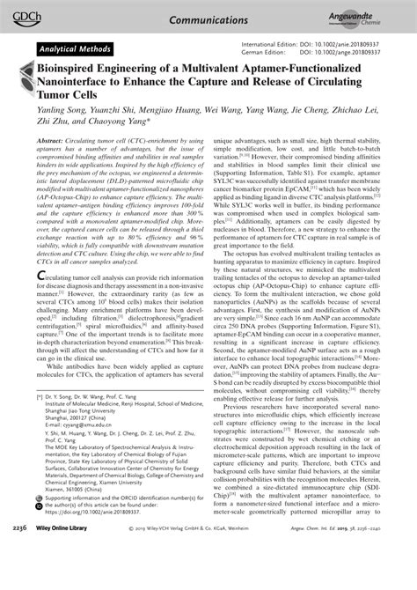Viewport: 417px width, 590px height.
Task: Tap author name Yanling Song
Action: pyautogui.click(x=59, y=119)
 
